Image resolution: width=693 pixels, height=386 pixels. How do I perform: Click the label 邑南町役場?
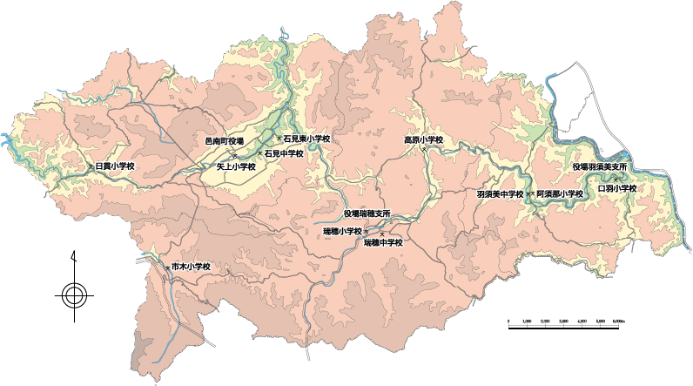pyautogui.click(x=225, y=139)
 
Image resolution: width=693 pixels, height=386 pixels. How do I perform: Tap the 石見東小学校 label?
pyautogui.click(x=307, y=138)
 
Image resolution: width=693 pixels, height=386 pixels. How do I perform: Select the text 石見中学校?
pyautogui.click(x=284, y=153)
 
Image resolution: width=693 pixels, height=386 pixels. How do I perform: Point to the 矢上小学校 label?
pyautogui.click(x=236, y=166)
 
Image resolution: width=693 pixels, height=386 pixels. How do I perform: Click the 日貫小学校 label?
pyautogui.click(x=114, y=166)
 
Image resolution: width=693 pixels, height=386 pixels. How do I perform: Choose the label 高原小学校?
pyautogui.click(x=424, y=139)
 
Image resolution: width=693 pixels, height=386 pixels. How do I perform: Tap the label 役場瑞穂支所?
pyautogui.click(x=367, y=213)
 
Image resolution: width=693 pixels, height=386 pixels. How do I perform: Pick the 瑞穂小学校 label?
pyautogui.click(x=342, y=230)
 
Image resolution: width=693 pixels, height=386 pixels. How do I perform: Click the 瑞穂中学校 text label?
pyautogui.click(x=383, y=242)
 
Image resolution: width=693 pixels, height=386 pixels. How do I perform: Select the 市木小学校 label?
pyautogui.click(x=191, y=266)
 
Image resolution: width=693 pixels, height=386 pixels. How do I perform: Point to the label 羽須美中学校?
pyautogui.click(x=501, y=193)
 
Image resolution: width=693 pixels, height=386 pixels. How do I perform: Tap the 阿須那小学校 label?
pyautogui.click(x=560, y=193)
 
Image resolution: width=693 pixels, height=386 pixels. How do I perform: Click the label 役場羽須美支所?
pyautogui.click(x=600, y=166)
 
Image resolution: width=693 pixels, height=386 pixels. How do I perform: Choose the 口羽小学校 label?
pyautogui.click(x=618, y=188)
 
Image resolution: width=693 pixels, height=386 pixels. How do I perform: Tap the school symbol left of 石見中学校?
pyautogui.click(x=259, y=153)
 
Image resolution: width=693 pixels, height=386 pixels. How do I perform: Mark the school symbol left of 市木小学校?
pyautogui.click(x=167, y=266)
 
